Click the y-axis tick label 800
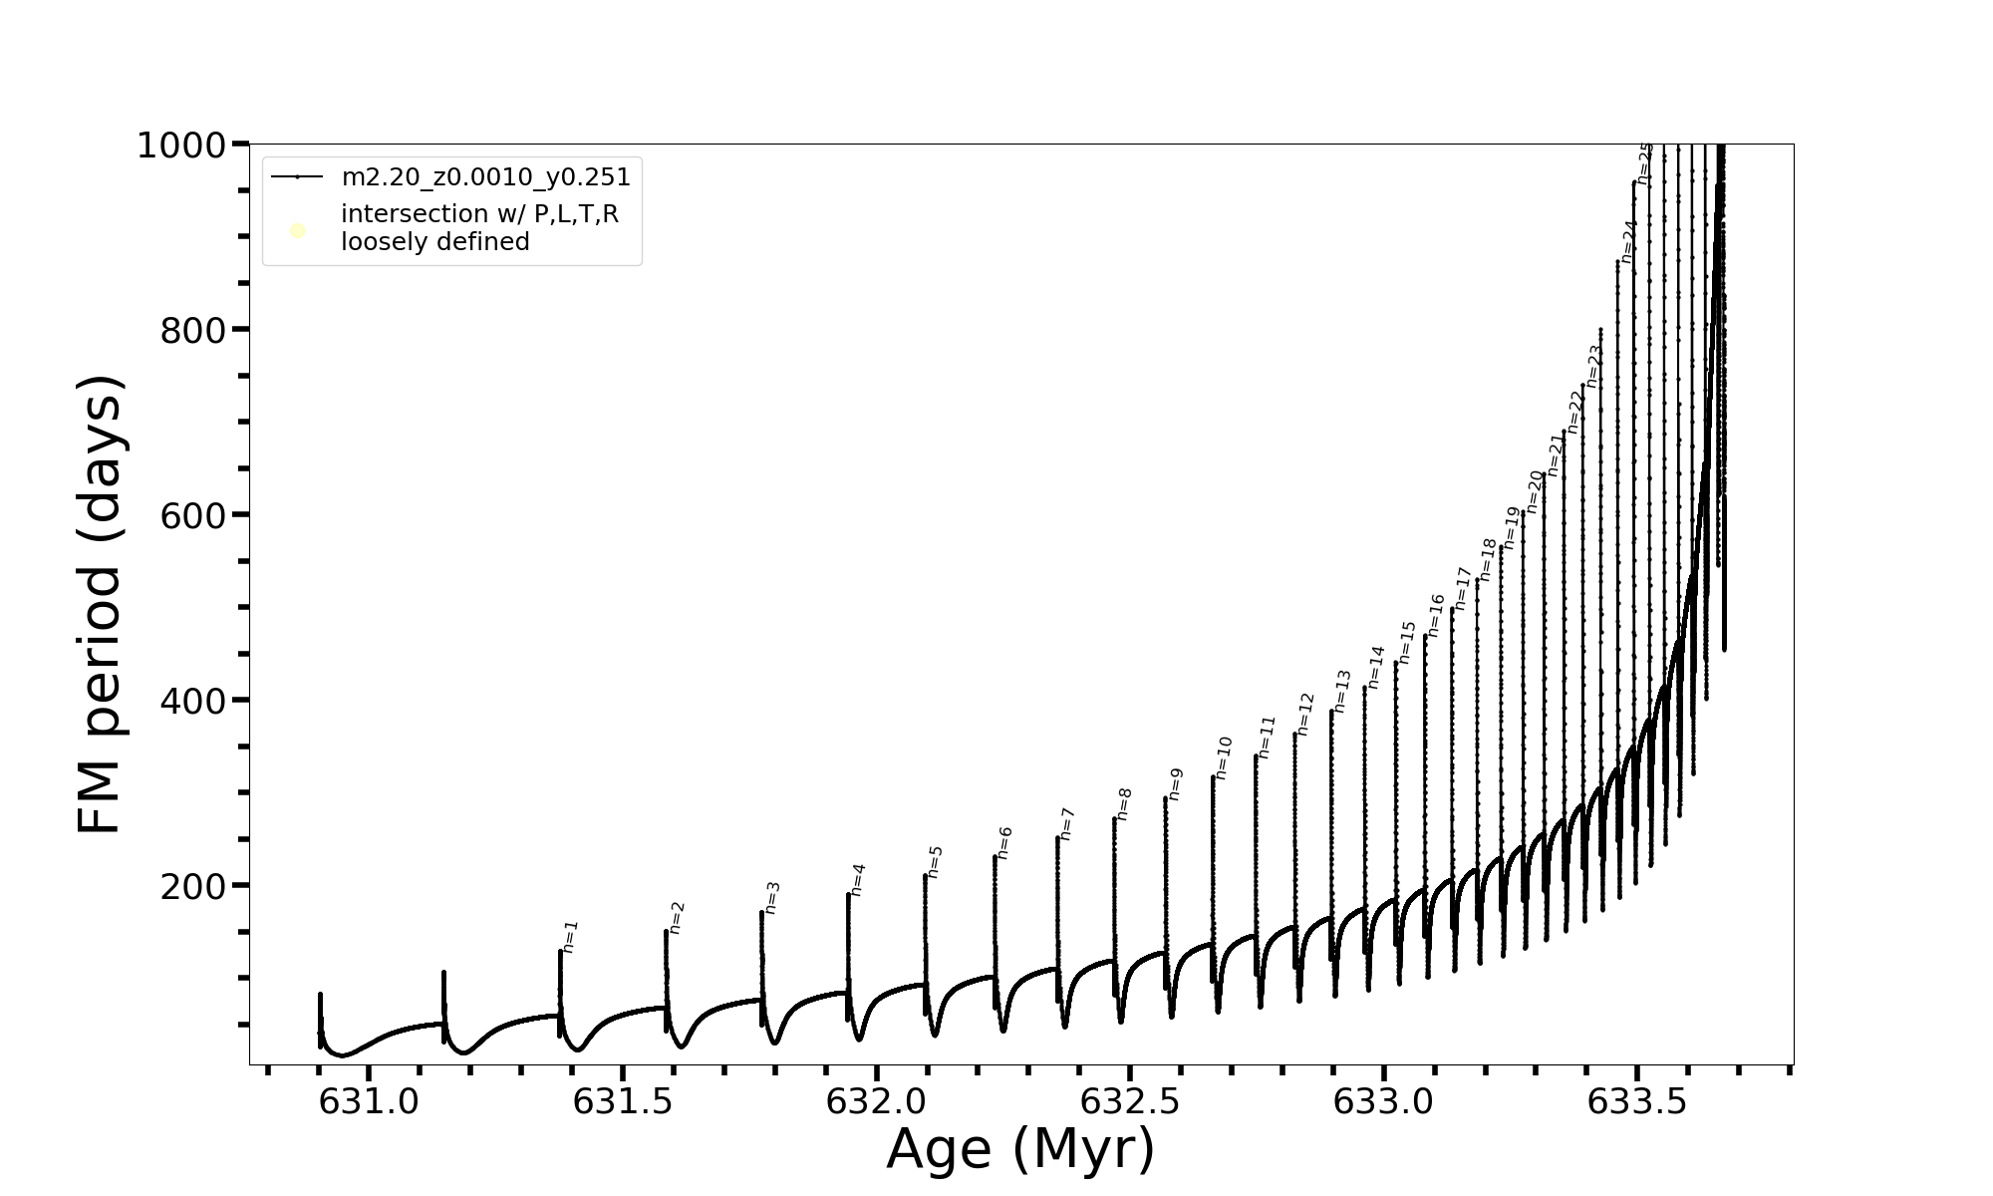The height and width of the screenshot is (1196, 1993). [192, 330]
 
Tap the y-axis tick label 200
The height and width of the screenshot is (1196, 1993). [192, 885]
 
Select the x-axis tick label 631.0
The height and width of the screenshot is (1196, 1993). [369, 1101]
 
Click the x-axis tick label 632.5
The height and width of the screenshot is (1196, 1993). [1130, 1101]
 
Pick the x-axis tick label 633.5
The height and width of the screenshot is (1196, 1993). [1637, 1101]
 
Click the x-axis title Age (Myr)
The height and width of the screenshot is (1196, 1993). [1020, 1149]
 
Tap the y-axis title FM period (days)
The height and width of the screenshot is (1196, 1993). [101, 604]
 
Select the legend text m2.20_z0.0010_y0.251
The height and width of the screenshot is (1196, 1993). [485, 177]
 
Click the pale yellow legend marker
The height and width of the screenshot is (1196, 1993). [297, 231]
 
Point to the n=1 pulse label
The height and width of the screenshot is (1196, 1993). [570, 936]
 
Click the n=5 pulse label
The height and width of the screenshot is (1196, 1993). [935, 861]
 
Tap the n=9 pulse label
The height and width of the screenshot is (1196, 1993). [1176, 783]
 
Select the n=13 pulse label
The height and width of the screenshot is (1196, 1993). [1342, 691]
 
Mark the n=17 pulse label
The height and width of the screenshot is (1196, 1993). [1463, 588]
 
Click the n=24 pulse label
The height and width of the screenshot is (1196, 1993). [1629, 241]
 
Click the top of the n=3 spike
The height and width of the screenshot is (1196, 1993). [761, 912]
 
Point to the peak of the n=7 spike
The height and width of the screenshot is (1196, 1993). [1057, 837]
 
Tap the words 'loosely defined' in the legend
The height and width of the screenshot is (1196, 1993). [434, 242]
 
